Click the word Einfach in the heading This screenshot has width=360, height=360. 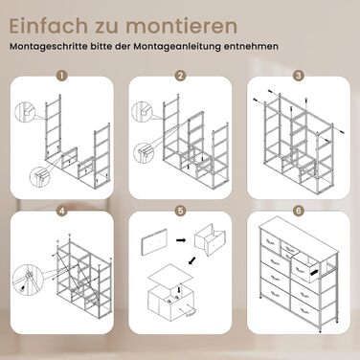(49, 26)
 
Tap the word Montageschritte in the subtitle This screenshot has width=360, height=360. (49, 46)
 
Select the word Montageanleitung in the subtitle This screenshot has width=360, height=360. (177, 46)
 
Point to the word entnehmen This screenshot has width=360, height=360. (251, 46)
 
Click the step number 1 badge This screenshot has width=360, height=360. (62, 76)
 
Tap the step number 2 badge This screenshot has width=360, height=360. (180, 76)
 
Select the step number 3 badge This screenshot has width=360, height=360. (299, 76)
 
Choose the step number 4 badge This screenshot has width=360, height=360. (62, 211)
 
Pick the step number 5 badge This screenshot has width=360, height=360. (180, 211)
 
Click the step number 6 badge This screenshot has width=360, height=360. (299, 211)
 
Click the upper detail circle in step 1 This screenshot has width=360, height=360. (25, 112)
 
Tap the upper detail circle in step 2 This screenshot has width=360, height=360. (142, 112)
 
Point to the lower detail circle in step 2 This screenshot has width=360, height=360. (144, 153)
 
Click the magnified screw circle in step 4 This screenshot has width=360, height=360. (28, 278)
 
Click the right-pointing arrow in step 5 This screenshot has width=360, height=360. (181, 239)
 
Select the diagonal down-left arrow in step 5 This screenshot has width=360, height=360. (192, 260)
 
